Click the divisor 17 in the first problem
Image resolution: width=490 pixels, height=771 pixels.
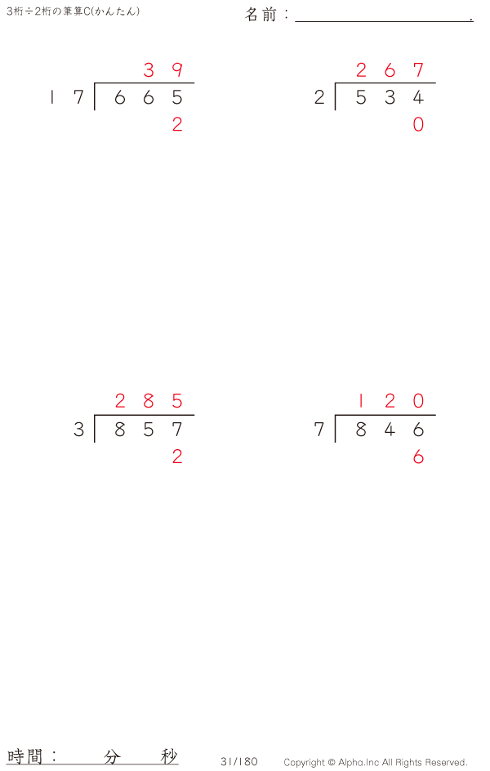(67, 97)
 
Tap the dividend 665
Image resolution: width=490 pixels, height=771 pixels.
(149, 97)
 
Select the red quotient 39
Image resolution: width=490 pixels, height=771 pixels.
(163, 70)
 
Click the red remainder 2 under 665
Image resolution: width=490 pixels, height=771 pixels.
(177, 124)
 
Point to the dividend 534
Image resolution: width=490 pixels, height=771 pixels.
(390, 97)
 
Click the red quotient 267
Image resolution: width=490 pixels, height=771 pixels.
(390, 70)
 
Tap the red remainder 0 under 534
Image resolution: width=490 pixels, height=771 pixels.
(418, 124)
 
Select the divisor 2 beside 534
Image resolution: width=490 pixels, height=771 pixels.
(319, 97)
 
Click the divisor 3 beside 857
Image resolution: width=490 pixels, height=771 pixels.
(78, 430)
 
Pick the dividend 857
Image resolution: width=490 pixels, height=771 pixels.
(149, 430)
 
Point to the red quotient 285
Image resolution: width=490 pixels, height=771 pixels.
(149, 401)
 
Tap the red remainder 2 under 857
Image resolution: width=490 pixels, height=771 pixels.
(177, 457)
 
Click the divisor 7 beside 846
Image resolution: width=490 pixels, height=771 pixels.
(319, 430)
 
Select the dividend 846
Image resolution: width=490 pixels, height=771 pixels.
(390, 430)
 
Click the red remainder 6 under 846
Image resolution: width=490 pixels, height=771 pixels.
(418, 457)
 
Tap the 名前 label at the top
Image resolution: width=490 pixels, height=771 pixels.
(261, 15)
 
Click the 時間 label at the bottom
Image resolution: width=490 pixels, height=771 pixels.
(24, 755)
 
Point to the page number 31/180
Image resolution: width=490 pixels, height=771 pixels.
(238, 762)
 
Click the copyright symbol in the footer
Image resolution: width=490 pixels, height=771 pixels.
(332, 763)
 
